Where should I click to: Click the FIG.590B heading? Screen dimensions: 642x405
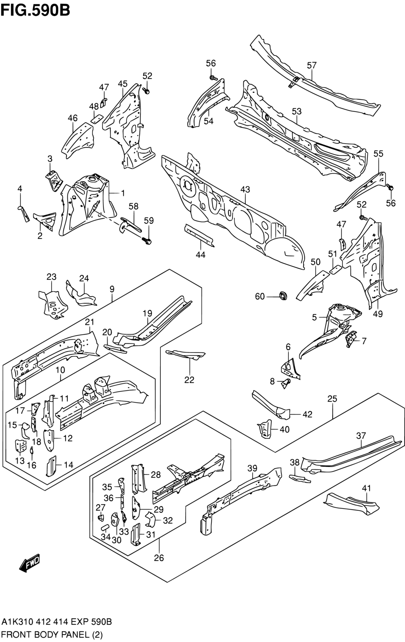point(35,10)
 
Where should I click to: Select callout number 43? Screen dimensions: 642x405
point(245,189)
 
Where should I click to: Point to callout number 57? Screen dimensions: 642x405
point(311,65)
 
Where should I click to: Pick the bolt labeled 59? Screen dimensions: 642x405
point(147,240)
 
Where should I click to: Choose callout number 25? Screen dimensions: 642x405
point(332,399)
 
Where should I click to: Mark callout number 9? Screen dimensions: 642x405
point(112,289)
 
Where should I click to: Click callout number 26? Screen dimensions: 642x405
point(159,558)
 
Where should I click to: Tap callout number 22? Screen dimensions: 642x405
point(189,379)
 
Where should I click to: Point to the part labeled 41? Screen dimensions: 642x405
point(352,504)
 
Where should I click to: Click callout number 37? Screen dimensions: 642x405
point(361,435)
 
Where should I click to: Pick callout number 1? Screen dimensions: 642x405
point(122,193)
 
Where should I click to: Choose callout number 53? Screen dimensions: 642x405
point(297,111)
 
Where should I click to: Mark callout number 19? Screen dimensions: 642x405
point(147,313)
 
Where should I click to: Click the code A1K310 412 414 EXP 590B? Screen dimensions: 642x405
point(57,622)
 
